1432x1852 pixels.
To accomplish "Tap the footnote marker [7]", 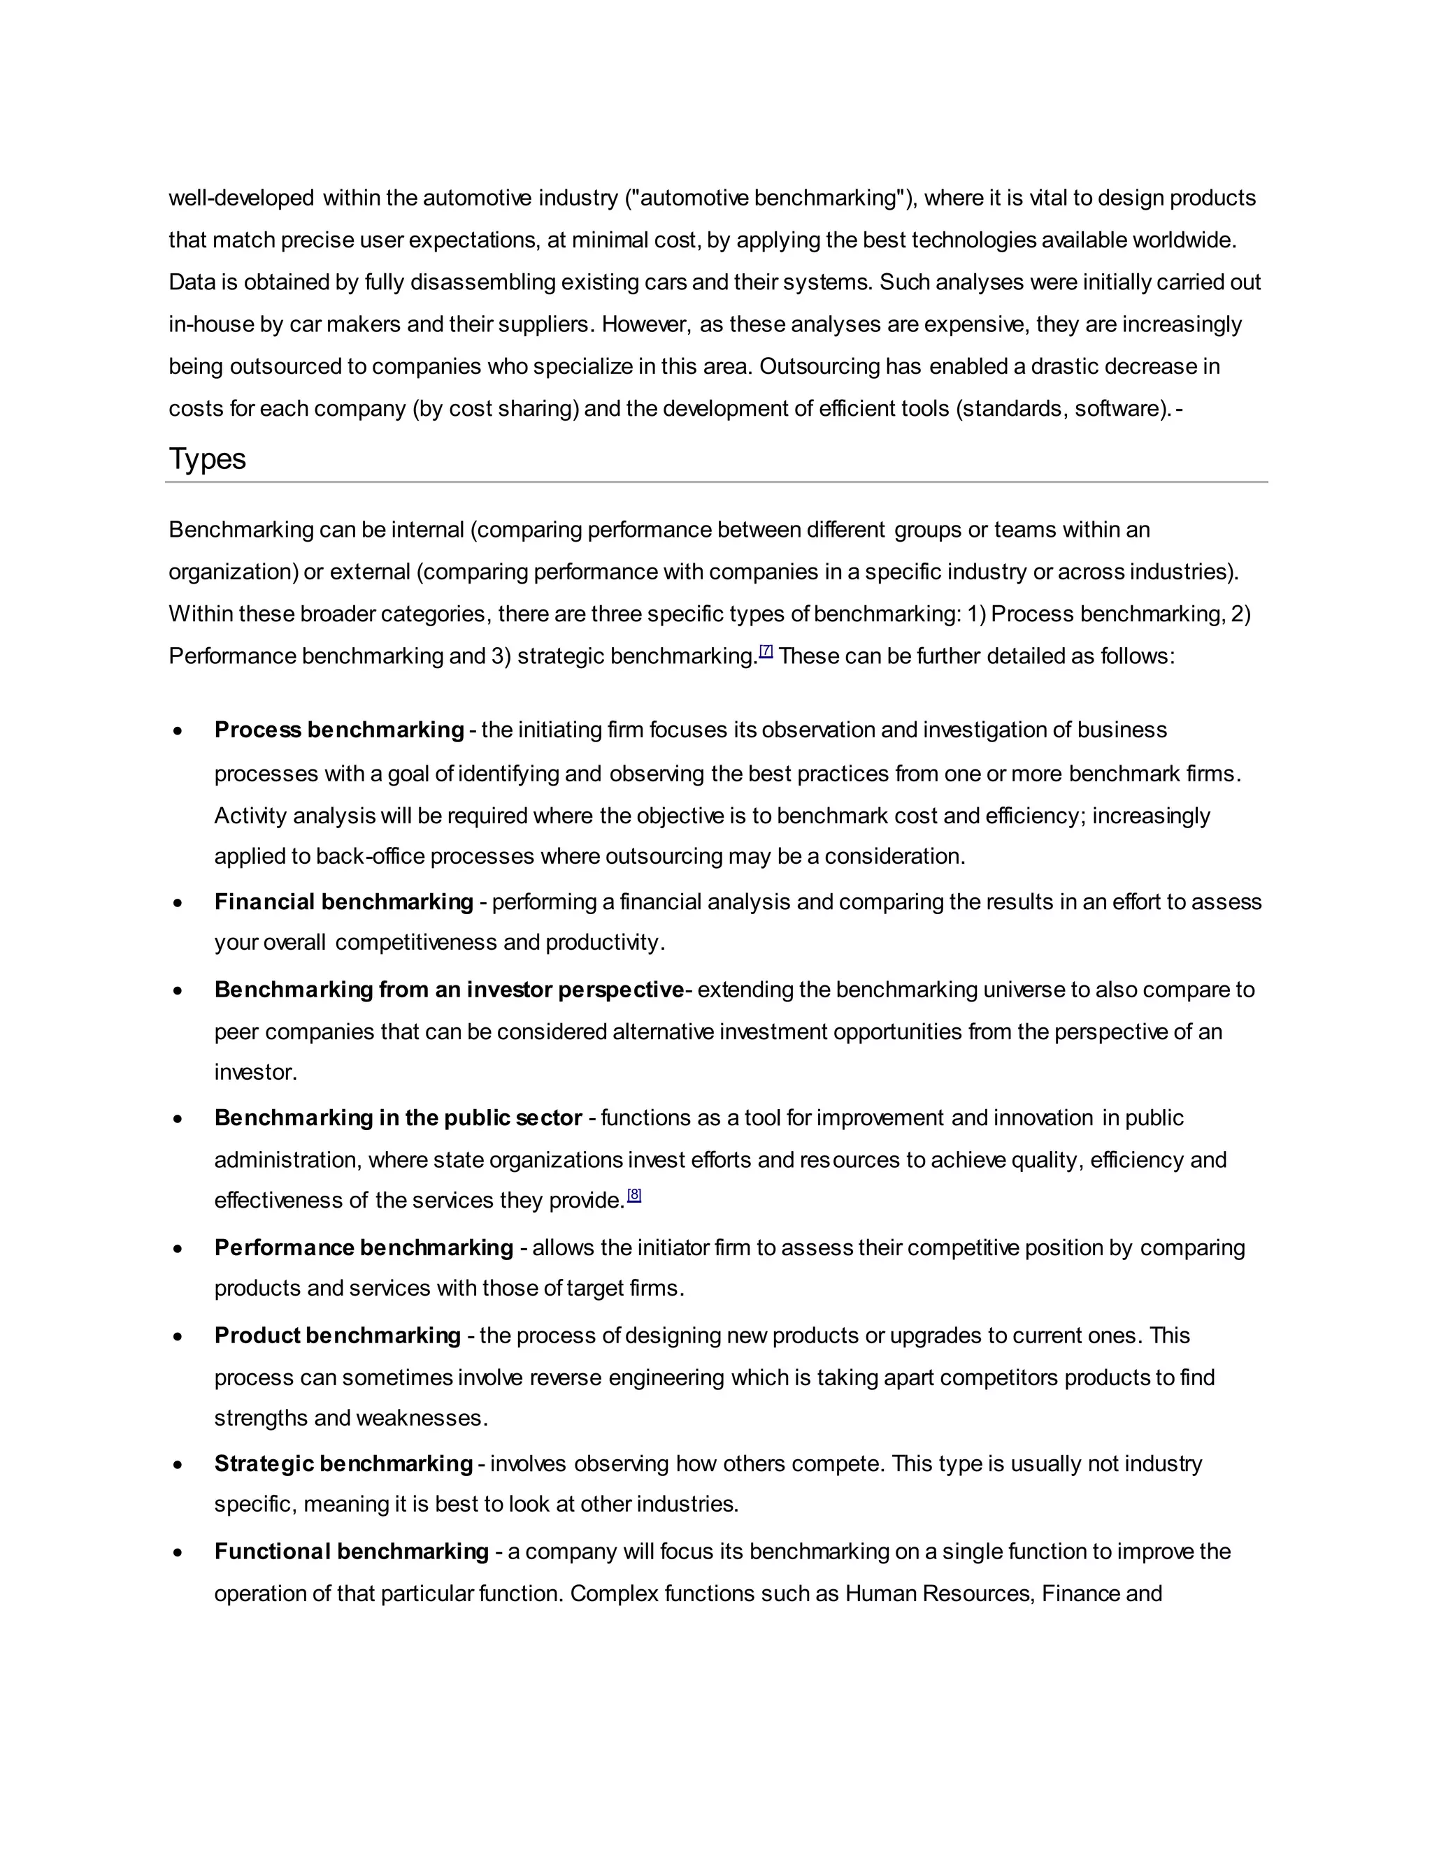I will click(x=766, y=651).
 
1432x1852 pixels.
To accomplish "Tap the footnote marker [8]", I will click(x=633, y=1196).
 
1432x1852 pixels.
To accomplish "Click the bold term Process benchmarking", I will click(x=338, y=730).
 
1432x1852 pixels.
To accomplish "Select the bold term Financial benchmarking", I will click(x=343, y=902).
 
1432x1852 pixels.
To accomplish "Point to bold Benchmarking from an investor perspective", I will click(x=449, y=990).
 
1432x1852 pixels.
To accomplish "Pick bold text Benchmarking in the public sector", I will click(x=398, y=1117).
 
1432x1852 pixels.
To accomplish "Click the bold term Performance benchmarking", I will click(x=363, y=1247).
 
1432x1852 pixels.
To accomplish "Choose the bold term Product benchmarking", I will click(x=337, y=1336).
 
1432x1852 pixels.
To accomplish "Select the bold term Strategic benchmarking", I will click(x=343, y=1463).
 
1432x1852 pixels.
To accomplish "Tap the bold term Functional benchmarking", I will click(x=351, y=1551).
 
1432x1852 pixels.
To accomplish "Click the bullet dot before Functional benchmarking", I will click(x=178, y=1553).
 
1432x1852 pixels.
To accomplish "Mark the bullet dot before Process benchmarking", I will click(x=178, y=732).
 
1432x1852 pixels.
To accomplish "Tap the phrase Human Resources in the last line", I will click(x=938, y=1593).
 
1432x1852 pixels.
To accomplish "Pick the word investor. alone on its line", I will click(x=255, y=1072).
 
